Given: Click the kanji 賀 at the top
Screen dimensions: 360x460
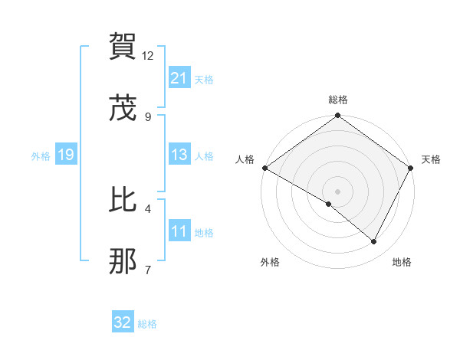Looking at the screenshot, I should (x=123, y=47).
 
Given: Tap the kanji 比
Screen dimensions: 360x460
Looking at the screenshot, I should (x=123, y=201).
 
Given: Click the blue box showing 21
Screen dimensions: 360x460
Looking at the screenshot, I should (x=179, y=77).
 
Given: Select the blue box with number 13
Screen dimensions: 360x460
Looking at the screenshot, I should (x=179, y=155).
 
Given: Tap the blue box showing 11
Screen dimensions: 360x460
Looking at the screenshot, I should (x=179, y=232).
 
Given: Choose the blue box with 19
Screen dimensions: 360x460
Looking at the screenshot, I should (x=65, y=155).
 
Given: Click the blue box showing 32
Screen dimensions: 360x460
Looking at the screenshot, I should (x=123, y=323).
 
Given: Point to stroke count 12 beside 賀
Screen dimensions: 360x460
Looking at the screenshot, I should (x=148, y=56).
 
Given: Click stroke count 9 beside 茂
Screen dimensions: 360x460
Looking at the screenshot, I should (x=148, y=116).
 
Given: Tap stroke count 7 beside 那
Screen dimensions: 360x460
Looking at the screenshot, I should (x=148, y=270).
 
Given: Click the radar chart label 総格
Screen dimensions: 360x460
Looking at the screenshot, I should (x=338, y=100).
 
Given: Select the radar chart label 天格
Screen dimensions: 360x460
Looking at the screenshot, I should (x=431, y=159).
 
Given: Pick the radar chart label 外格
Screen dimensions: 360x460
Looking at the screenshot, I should (x=270, y=262).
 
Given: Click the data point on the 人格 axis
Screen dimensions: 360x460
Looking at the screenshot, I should (x=264, y=168).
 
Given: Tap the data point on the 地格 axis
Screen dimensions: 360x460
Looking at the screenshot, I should (x=374, y=241).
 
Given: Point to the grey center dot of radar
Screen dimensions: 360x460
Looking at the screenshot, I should (x=338, y=191).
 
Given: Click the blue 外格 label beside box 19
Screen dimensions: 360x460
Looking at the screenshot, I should (x=41, y=156).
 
